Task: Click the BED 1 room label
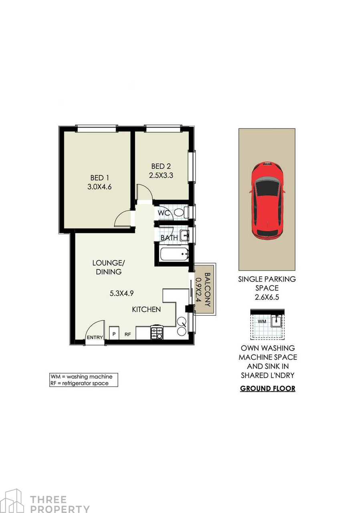coord(99,178)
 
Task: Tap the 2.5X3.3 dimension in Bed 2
coord(161,175)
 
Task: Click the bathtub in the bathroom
coord(174,254)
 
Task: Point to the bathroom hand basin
coord(184,235)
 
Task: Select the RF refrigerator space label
coord(127,335)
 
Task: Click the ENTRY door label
coord(95,337)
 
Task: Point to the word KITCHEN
coord(146,309)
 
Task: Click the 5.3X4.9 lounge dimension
coord(121,293)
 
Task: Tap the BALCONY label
coord(207,290)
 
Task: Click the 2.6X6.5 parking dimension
coord(267,297)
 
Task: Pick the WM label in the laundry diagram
coord(262,322)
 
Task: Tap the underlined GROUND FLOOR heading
coord(267,389)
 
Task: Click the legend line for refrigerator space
coord(79,383)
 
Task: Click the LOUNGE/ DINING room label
coord(109,267)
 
